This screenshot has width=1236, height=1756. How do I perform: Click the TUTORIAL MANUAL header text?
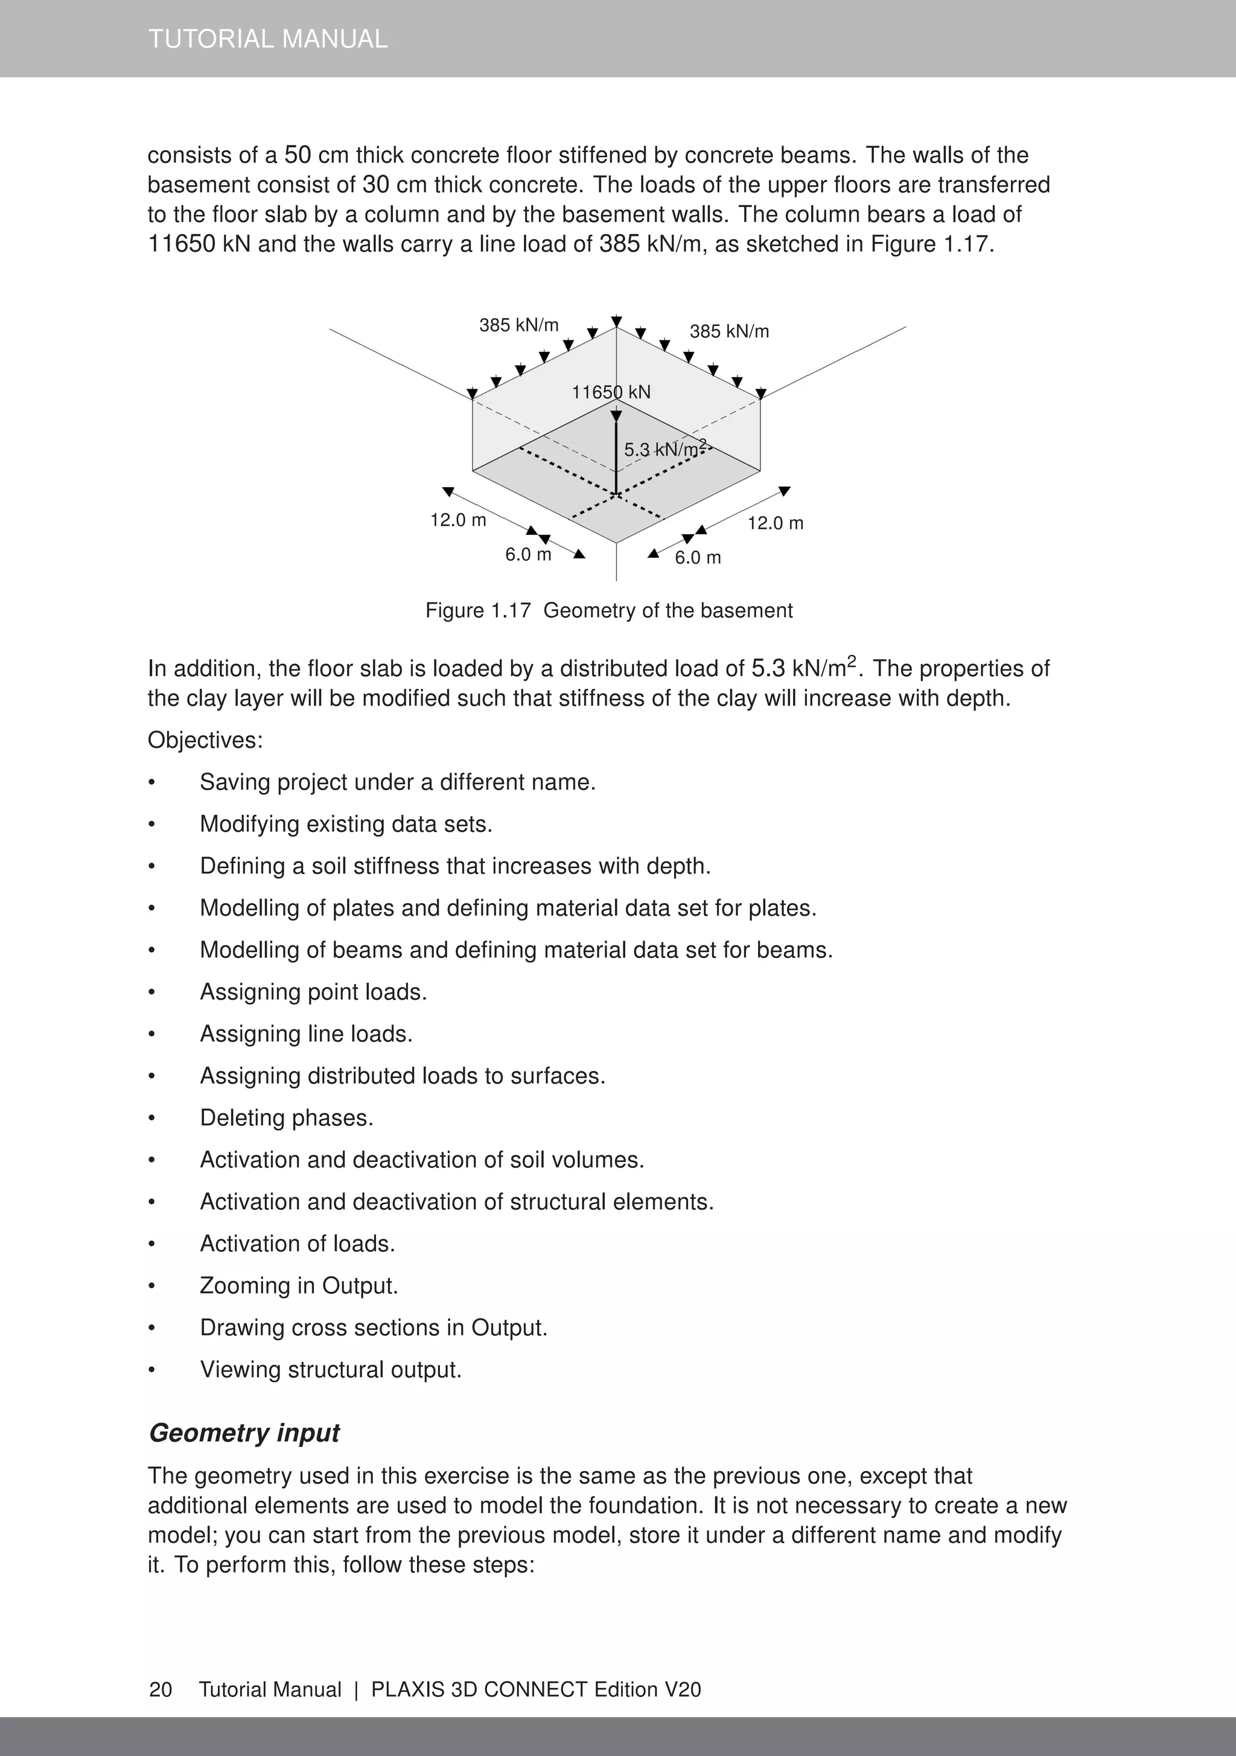268,39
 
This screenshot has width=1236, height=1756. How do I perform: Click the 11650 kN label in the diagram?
611,392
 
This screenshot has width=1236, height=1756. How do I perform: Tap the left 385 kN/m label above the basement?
518,325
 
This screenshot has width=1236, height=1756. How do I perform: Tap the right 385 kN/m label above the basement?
729,331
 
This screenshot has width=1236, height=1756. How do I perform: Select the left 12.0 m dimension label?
458,520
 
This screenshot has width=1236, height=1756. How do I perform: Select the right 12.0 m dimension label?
775,523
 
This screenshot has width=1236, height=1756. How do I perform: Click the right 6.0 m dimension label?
698,558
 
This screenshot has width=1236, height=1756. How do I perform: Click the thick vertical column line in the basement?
616,459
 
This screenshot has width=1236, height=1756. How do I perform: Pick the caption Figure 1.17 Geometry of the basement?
609,610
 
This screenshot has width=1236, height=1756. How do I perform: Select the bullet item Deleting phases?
287,1117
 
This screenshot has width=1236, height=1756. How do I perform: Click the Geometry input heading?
244,1432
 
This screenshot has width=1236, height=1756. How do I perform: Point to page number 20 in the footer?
161,1690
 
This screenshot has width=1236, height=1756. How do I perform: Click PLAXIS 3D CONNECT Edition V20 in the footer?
535,1690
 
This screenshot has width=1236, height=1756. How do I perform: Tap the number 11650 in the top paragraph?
181,244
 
